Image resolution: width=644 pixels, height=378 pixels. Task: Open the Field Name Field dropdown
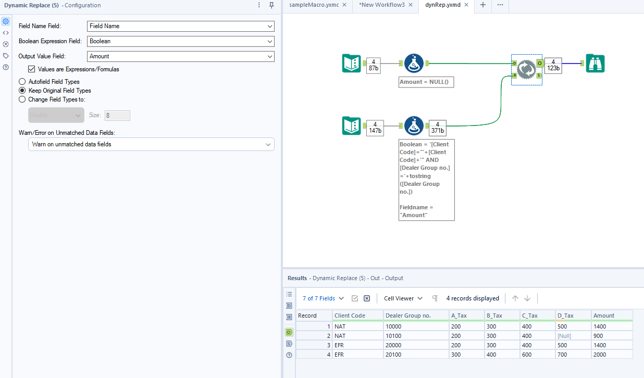point(180,26)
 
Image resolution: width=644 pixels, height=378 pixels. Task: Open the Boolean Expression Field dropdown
point(180,41)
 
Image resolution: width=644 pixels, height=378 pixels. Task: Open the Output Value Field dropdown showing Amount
point(180,56)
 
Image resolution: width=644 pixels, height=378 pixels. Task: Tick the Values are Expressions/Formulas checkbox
point(32,69)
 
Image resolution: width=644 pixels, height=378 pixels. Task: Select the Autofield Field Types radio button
point(22,82)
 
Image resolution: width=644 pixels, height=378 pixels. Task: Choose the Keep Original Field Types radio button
point(22,91)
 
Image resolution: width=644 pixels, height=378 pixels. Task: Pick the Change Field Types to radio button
point(22,99)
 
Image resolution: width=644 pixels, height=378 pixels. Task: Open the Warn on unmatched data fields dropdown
point(151,144)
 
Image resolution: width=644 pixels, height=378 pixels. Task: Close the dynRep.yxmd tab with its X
point(466,5)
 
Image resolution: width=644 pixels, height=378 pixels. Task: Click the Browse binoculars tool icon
point(595,64)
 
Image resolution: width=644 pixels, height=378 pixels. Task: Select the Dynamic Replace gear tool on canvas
point(526,69)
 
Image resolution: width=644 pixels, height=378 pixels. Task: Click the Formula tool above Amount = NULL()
point(414,64)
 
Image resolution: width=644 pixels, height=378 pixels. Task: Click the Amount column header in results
point(604,316)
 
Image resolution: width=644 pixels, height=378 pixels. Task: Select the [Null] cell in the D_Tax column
point(564,336)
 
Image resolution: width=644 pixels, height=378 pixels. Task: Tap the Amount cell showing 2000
point(601,355)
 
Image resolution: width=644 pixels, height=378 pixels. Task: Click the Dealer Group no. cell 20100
point(394,355)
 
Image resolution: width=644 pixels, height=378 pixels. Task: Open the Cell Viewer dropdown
point(403,298)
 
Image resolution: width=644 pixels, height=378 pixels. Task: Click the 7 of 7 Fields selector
point(323,298)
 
